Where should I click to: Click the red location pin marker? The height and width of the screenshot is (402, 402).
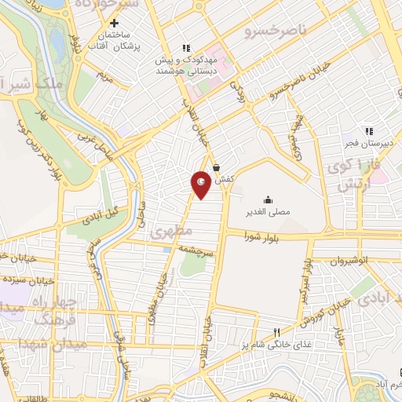point(203,185)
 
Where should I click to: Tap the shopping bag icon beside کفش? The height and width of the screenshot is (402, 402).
point(216,166)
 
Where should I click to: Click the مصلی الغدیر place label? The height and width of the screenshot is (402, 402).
point(269,212)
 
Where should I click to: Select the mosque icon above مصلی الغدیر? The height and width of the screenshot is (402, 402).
point(269,199)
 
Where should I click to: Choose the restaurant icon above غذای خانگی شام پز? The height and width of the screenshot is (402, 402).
point(276,332)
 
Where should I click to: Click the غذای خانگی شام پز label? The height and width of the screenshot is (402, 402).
point(276,345)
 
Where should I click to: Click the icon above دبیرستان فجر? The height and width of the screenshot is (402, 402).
point(367,131)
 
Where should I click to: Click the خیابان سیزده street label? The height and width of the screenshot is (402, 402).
point(30,278)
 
